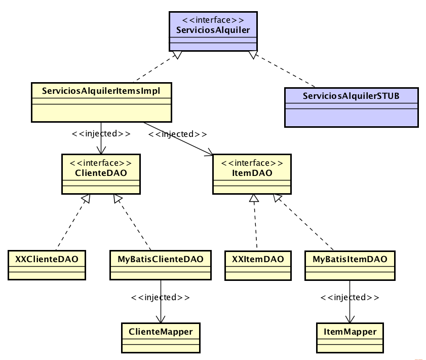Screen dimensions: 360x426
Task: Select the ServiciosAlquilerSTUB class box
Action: (x=351, y=107)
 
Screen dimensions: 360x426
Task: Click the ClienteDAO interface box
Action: (x=101, y=174)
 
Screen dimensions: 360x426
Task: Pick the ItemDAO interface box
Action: (x=252, y=174)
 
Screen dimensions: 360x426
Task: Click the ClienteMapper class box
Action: (x=161, y=338)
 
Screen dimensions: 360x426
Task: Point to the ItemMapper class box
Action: (x=350, y=338)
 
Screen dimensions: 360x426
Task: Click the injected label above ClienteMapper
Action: (x=161, y=297)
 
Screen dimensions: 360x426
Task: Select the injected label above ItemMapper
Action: (x=350, y=297)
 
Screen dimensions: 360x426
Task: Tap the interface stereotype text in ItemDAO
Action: (x=252, y=163)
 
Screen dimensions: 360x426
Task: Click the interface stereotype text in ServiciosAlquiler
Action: (x=213, y=20)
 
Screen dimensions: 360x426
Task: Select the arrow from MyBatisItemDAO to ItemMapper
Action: (x=350, y=309)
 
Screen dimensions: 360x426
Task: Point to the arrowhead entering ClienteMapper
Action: (x=161, y=319)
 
